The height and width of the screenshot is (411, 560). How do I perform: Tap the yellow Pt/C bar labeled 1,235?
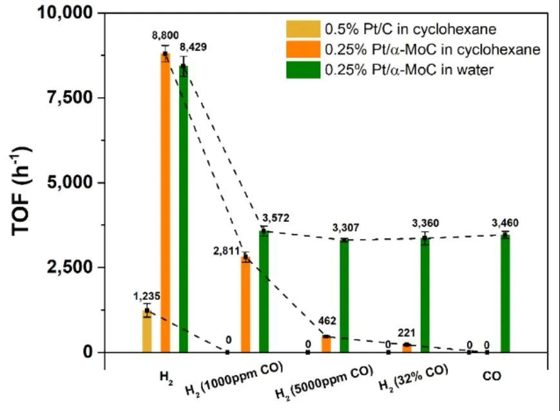click(148, 331)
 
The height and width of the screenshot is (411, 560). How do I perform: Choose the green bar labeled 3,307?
click(344, 296)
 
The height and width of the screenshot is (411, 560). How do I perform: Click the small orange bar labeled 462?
click(326, 344)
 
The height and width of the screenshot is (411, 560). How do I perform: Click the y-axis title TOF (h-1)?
click(23, 183)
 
